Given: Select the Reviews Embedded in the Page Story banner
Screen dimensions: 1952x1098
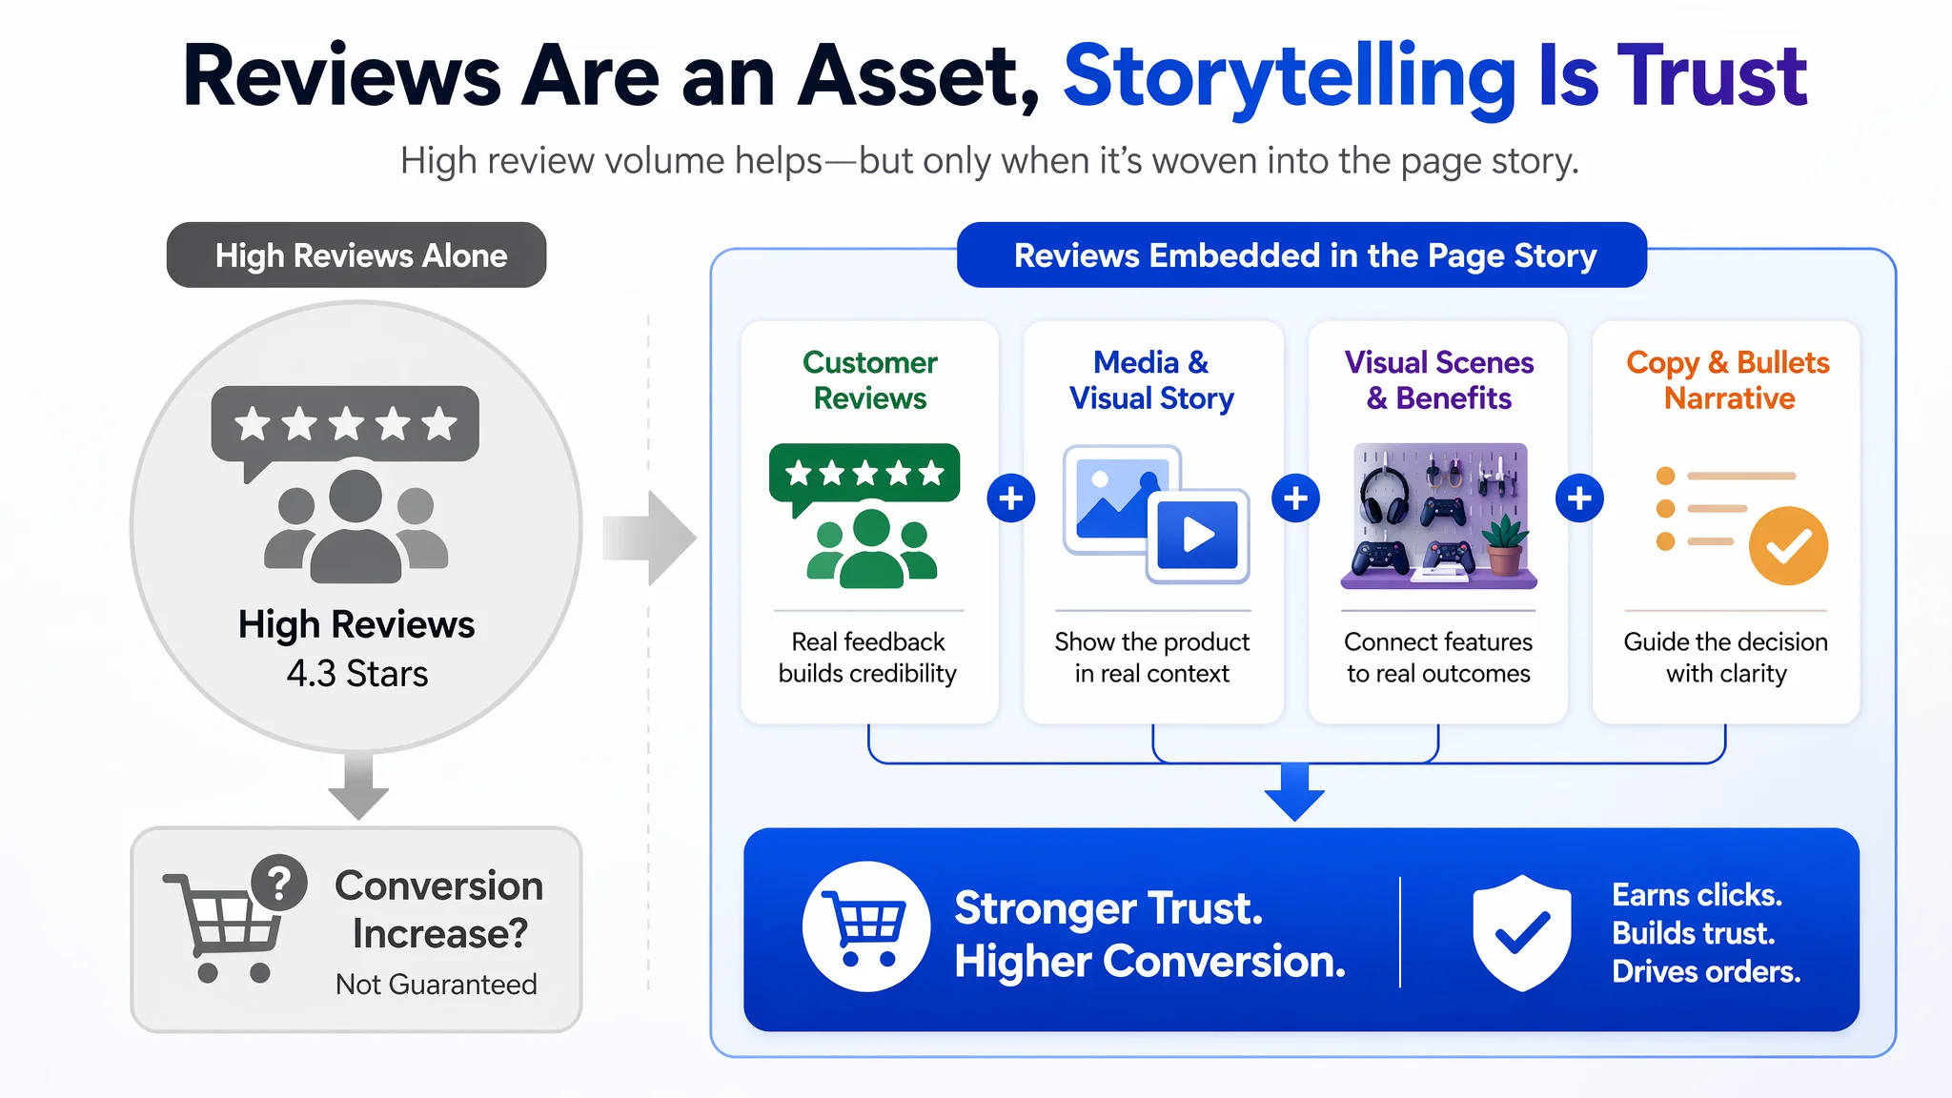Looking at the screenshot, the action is [1302, 255].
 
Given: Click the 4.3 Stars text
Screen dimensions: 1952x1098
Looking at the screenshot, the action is [357, 674].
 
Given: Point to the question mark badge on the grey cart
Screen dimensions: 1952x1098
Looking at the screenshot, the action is [279, 883].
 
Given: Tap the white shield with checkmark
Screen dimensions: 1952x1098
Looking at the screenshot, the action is [1522, 932].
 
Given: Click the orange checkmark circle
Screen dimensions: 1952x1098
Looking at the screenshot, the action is [1788, 545].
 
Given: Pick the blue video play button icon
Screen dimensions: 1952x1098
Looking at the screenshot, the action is [1198, 535].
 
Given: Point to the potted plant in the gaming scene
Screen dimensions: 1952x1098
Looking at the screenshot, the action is [1504, 544].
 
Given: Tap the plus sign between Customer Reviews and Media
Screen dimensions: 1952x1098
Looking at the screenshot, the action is [1011, 498].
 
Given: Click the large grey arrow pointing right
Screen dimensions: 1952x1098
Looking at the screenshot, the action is [649, 538].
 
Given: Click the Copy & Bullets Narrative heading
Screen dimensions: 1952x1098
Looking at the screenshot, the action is [1727, 379].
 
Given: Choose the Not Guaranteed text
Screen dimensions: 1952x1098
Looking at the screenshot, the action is [436, 984].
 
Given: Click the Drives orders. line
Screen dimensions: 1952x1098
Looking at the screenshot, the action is [1706, 971].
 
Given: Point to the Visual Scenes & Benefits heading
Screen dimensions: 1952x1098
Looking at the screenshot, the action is [1439, 379].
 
